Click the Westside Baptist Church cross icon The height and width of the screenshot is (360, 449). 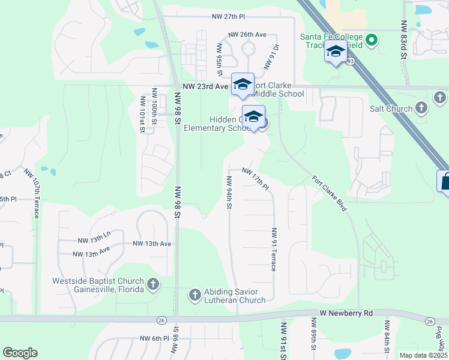(x=153, y=284)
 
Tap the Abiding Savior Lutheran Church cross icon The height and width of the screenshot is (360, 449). (x=194, y=295)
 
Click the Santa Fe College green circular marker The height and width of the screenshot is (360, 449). (x=372, y=41)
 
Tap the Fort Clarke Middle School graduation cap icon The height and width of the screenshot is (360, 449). (x=243, y=84)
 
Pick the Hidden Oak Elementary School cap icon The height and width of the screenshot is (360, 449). (x=253, y=116)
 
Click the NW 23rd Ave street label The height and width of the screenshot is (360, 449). (x=204, y=86)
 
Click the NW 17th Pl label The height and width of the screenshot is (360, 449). (x=256, y=179)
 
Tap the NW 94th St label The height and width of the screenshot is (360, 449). (x=229, y=192)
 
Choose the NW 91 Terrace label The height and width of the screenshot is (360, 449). (x=274, y=249)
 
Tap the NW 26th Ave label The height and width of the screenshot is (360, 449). (x=247, y=35)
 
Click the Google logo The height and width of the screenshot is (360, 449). (x=20, y=353)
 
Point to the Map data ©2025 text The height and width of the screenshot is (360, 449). (x=424, y=355)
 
